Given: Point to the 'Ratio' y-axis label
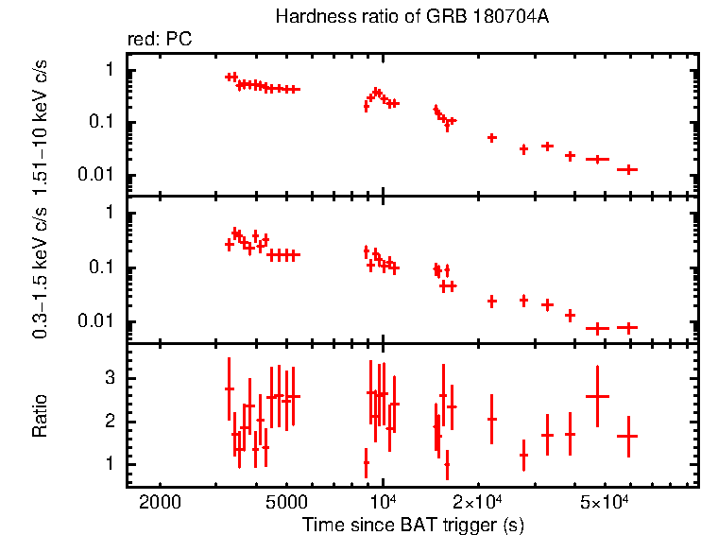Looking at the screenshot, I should pyautogui.click(x=40, y=416).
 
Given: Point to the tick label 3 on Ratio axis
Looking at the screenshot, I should pyautogui.click(x=111, y=378).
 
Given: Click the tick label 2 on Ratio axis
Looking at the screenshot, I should pyautogui.click(x=111, y=422).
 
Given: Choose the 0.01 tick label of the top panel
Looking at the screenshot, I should pyautogui.click(x=98, y=175).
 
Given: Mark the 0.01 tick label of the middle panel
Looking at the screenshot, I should pyautogui.click(x=98, y=321).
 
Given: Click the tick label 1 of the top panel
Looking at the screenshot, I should pyautogui.click(x=111, y=70).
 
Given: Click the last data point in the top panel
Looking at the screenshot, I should pyautogui.click(x=627, y=169).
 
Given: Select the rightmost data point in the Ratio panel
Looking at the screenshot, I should pyautogui.click(x=627, y=436).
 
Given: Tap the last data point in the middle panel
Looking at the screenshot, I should pyautogui.click(x=627, y=327).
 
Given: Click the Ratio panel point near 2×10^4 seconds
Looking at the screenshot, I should pyautogui.click(x=491, y=419).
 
